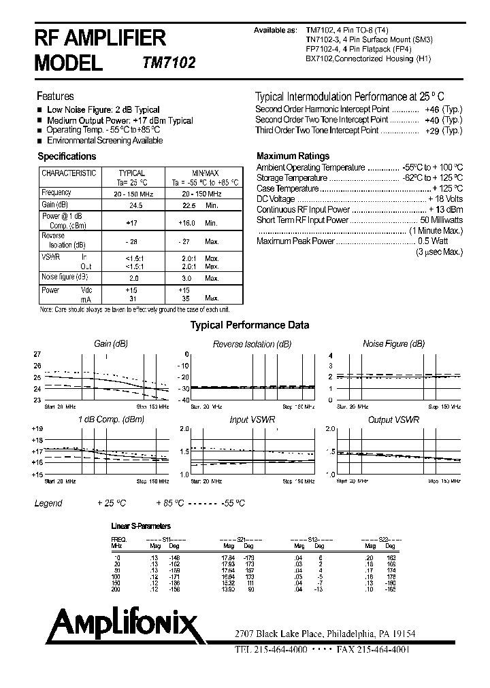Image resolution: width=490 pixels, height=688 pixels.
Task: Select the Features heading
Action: (55, 97)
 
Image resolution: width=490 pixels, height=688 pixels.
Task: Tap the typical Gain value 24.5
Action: (135, 205)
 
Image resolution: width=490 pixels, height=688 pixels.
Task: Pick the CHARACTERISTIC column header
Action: (69, 173)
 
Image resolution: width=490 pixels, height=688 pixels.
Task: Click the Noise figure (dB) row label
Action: (65, 277)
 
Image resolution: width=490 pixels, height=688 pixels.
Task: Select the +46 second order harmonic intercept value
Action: (431, 109)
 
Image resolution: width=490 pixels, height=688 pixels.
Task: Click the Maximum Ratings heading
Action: (293, 156)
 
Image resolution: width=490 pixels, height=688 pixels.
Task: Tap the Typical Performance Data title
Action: (249, 325)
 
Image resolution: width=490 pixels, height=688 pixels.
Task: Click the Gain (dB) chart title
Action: (111, 344)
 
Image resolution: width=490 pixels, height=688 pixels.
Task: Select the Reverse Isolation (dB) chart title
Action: (252, 344)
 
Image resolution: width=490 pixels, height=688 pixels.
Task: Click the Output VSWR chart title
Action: (393, 420)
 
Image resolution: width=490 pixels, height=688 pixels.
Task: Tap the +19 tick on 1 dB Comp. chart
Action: (37, 429)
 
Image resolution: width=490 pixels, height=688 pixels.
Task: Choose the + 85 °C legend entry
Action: (170, 503)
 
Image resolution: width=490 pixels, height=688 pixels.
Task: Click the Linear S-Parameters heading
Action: (140, 526)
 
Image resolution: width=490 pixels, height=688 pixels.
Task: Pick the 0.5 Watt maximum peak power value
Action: (433, 241)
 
